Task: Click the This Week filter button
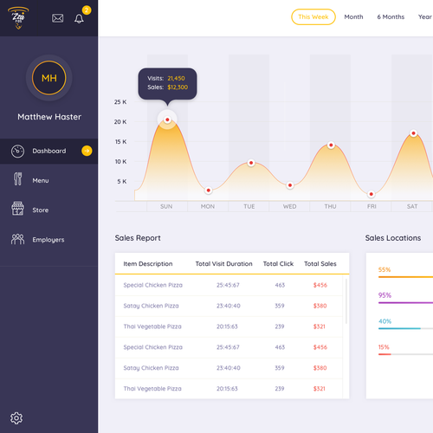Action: [313, 16]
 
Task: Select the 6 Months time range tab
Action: [391, 16]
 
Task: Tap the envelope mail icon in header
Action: [58, 17]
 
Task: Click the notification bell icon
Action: [80, 17]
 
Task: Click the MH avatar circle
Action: [48, 79]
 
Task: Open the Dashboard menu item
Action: [49, 152]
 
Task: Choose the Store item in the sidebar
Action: [41, 210]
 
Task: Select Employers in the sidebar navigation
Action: [48, 239]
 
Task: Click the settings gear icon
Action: [16, 418]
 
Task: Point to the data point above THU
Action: [330, 145]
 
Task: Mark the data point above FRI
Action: [372, 195]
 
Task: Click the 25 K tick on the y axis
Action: [120, 101]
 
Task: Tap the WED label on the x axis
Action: [289, 206]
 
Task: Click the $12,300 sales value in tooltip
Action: [177, 87]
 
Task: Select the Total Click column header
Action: [278, 263]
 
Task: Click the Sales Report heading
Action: [138, 238]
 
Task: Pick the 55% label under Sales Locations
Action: [385, 269]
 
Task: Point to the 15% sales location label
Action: [384, 347]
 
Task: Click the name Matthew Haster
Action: [48, 117]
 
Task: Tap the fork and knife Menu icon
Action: [17, 180]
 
